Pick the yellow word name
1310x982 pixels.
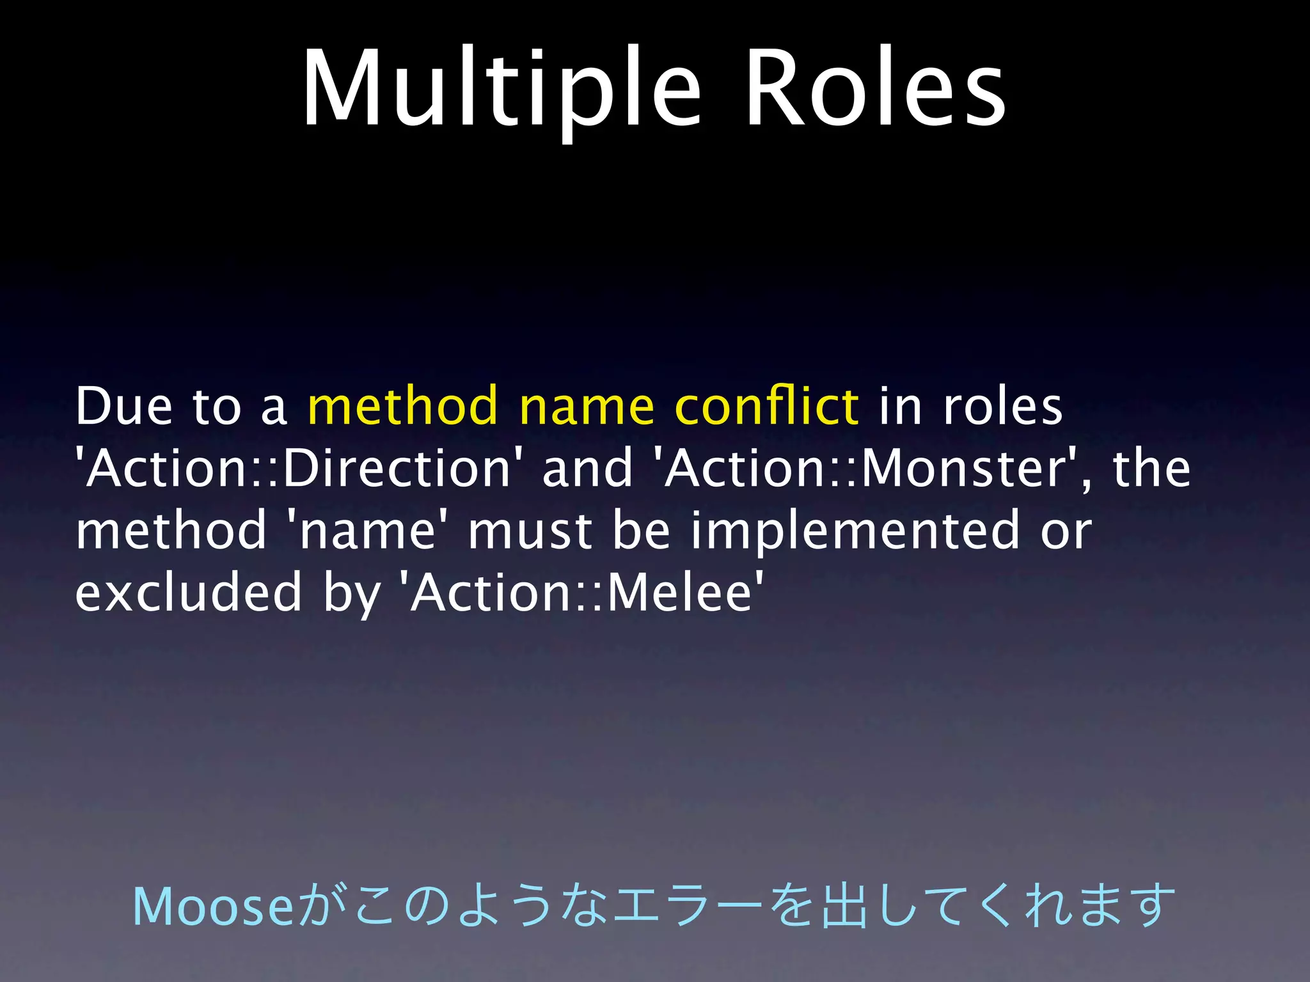(x=587, y=407)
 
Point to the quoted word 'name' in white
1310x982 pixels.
(x=368, y=531)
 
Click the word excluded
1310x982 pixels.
(x=189, y=593)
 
